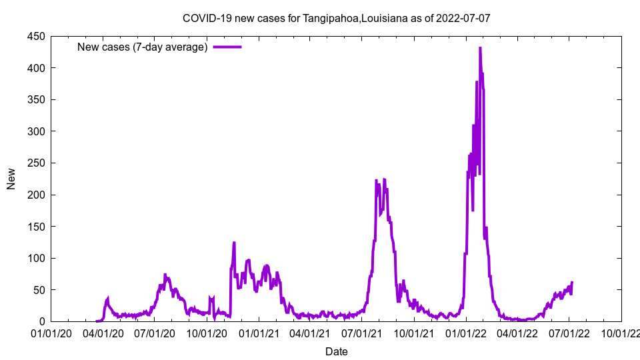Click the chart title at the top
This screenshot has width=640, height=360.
[336, 18]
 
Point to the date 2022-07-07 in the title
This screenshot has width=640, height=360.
[463, 18]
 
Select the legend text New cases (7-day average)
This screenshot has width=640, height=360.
[142, 47]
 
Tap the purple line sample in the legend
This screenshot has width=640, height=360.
[227, 47]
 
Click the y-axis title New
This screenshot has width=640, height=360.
[11, 179]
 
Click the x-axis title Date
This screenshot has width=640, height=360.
[336, 351]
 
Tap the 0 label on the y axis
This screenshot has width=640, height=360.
[41, 322]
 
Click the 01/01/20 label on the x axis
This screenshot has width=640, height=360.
[51, 333]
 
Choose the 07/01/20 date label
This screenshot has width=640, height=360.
[155, 333]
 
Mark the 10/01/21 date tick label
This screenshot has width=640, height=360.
[413, 333]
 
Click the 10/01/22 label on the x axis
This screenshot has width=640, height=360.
[621, 333]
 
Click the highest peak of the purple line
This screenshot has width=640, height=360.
[480, 48]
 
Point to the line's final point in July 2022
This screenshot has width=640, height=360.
[572, 283]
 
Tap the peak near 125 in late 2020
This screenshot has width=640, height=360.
[234, 243]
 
